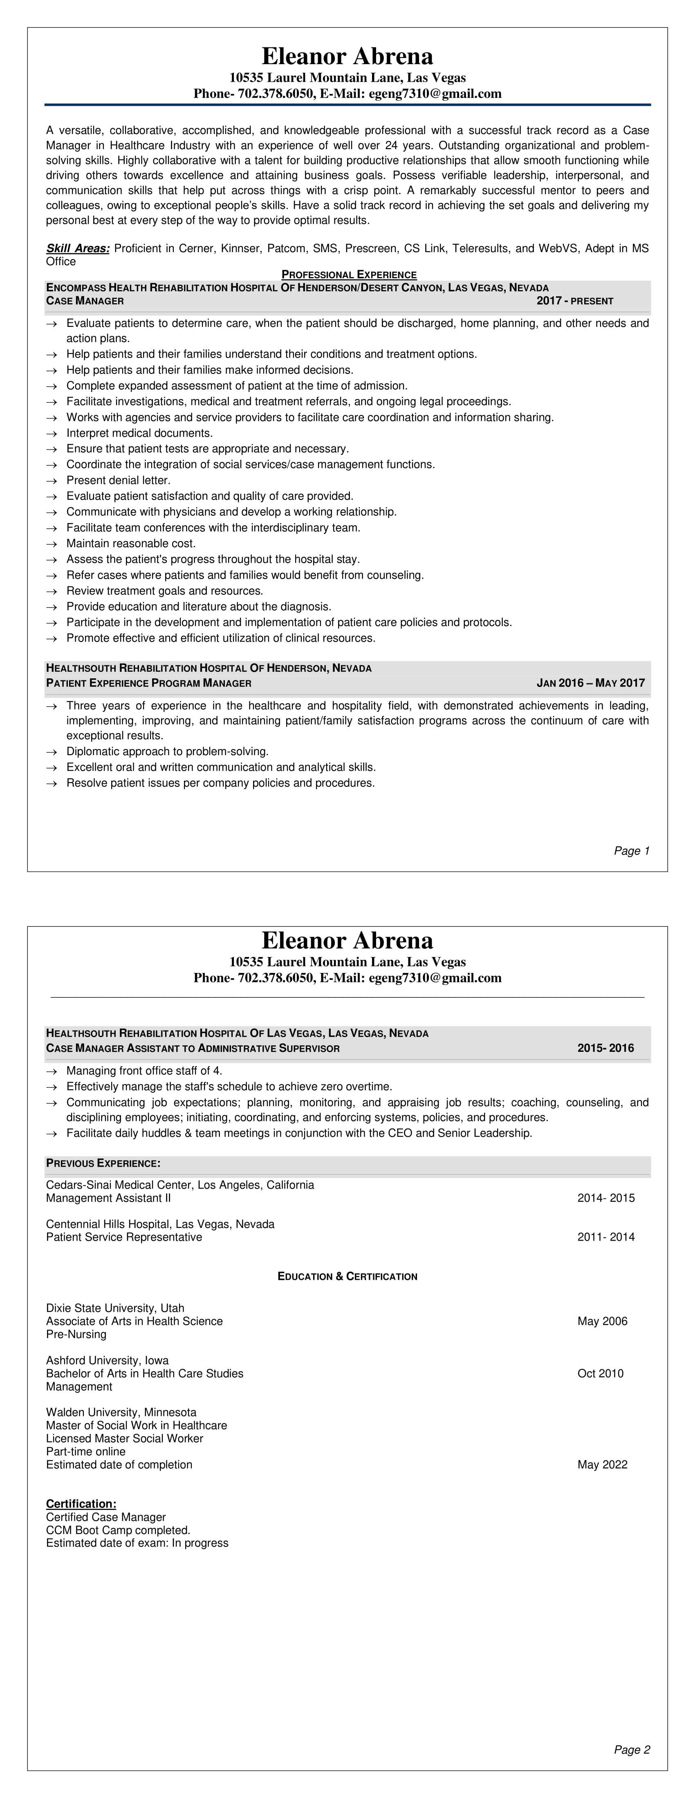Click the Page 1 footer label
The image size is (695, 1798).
pyautogui.click(x=632, y=851)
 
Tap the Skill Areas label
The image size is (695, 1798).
pyautogui.click(x=78, y=248)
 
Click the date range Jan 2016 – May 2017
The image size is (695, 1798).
pyautogui.click(x=590, y=682)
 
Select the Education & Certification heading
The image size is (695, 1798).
pyautogui.click(x=347, y=1276)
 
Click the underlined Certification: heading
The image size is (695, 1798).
pyautogui.click(x=81, y=1503)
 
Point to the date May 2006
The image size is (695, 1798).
pyautogui.click(x=602, y=1321)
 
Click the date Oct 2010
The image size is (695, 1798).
pyautogui.click(x=600, y=1373)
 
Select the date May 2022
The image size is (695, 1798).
pyautogui.click(x=602, y=1465)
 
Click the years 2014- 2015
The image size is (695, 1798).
pyautogui.click(x=605, y=1198)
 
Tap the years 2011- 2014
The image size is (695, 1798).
pyautogui.click(x=605, y=1237)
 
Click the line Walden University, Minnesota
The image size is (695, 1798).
pyautogui.click(x=121, y=1412)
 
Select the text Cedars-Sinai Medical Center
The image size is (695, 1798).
pyautogui.click(x=119, y=1185)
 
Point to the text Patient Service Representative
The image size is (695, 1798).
pyautogui.click(x=123, y=1237)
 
